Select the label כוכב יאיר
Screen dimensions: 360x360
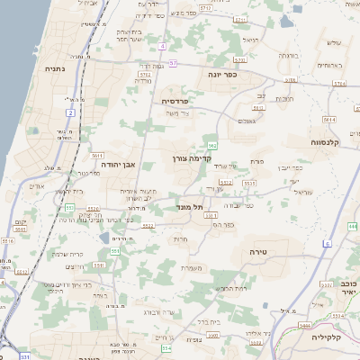pos(343,287)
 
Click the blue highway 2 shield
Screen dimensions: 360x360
pos(70,112)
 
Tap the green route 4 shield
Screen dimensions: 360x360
pos(161,45)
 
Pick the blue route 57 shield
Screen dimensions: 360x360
pos(173,62)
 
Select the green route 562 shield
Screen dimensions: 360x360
pos(212,145)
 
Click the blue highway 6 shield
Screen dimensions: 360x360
pos(328,243)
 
